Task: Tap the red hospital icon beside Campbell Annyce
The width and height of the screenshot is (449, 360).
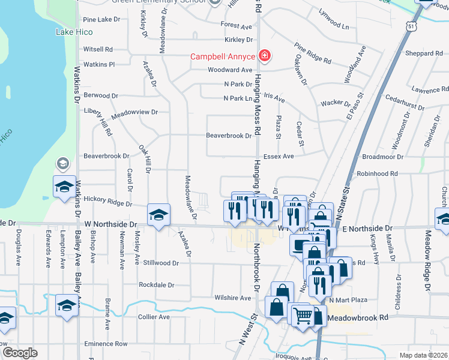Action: coord(264,57)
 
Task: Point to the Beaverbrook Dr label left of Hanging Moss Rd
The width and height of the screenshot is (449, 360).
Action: coord(229,136)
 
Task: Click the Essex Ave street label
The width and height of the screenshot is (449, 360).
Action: coord(283,156)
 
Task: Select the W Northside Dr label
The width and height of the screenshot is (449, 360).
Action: coord(110,223)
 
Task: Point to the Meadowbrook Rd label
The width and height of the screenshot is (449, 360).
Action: coord(359,317)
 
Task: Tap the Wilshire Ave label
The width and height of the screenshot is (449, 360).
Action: coord(232,298)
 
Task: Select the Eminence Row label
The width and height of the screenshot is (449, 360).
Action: coord(106,344)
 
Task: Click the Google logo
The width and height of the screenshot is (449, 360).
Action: coord(20,353)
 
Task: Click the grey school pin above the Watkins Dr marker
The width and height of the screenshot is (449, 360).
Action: coord(62,163)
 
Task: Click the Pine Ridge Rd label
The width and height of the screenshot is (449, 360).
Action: coord(313,53)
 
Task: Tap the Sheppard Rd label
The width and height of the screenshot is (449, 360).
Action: coord(424,53)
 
